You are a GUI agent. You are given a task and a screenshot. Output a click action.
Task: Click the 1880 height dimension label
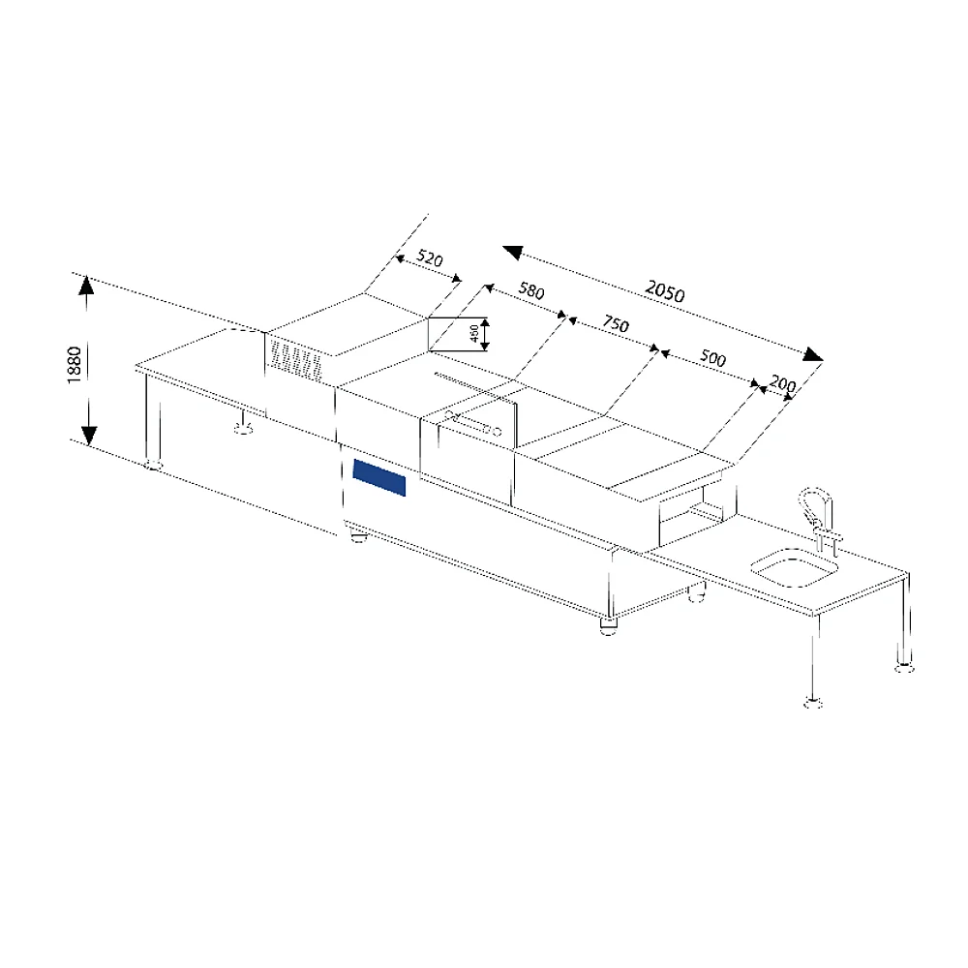75,365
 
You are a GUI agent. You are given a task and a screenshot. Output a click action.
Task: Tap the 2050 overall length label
665,290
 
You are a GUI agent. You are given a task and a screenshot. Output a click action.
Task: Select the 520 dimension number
429,258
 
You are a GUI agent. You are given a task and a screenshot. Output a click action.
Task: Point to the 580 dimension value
530,290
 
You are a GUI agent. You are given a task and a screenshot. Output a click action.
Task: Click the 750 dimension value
616,323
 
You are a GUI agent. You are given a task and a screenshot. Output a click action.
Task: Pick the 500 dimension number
712,358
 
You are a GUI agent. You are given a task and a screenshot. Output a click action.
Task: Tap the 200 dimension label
782,384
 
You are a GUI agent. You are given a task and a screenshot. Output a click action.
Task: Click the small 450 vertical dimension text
474,333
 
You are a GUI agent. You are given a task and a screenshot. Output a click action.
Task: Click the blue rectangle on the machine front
379,478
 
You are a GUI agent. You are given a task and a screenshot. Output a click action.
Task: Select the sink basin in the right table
795,566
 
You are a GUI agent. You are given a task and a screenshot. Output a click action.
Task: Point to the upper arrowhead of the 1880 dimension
87,285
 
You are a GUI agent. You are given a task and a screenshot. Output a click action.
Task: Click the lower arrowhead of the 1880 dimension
89,436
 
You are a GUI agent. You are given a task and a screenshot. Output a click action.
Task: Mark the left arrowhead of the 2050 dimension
512,252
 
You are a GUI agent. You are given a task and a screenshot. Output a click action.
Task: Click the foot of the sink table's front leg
813,702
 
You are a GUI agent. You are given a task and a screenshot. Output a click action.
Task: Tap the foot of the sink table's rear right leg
904,666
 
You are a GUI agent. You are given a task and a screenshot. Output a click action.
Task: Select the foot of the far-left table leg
153,465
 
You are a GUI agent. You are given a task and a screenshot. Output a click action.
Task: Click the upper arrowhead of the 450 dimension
485,322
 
